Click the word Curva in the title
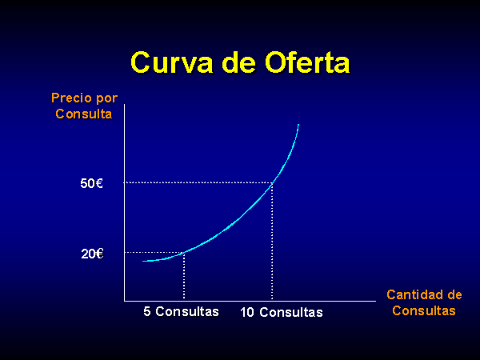click(x=172, y=62)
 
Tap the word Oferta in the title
click(x=307, y=62)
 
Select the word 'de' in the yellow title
click(x=238, y=62)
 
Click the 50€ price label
click(x=91, y=183)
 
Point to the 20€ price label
click(x=92, y=254)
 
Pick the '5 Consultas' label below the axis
click(x=182, y=311)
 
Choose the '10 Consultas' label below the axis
click(x=282, y=312)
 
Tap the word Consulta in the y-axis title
click(x=84, y=114)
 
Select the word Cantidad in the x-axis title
click(x=413, y=294)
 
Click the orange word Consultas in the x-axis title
click(x=424, y=310)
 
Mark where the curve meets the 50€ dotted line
click(x=272, y=182)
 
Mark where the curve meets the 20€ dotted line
click(x=184, y=253)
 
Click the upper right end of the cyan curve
click(x=298, y=125)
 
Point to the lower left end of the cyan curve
click(x=143, y=261)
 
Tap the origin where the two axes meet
click(x=125, y=301)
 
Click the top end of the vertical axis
click(x=125, y=104)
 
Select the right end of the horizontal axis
click(x=376, y=301)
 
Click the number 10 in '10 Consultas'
click(x=247, y=312)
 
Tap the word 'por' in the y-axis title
click(x=107, y=98)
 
